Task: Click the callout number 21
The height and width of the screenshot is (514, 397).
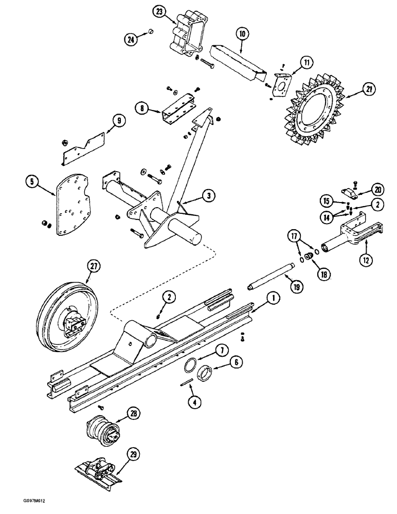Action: pos(367,89)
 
